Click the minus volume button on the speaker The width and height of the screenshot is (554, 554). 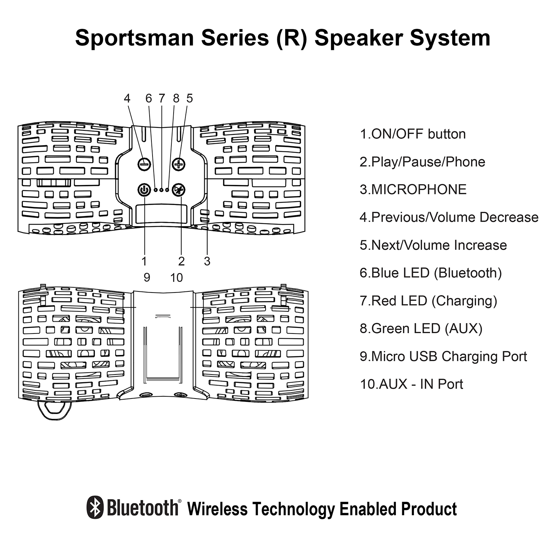point(144,164)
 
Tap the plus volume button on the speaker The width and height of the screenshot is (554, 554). point(179,164)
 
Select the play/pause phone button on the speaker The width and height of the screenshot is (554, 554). point(179,190)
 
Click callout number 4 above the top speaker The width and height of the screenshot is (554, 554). point(127,98)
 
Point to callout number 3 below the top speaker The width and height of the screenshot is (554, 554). point(207,261)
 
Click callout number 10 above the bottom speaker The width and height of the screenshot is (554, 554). point(177,278)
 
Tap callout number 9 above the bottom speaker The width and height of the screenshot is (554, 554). point(147,278)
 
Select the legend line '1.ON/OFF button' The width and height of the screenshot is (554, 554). point(413,134)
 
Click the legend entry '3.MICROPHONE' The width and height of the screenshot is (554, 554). point(413,189)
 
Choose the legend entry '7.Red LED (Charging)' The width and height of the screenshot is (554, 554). point(428,301)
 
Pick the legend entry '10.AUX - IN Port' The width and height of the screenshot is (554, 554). point(411,384)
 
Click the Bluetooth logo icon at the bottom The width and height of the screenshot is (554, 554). point(95,507)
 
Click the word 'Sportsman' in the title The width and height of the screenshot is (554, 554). point(134,38)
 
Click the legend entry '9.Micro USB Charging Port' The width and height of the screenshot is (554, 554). point(443,356)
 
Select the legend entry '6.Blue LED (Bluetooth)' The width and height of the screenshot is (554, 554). point(431,273)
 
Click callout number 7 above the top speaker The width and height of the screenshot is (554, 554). point(162,98)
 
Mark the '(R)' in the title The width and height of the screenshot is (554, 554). point(291,38)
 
